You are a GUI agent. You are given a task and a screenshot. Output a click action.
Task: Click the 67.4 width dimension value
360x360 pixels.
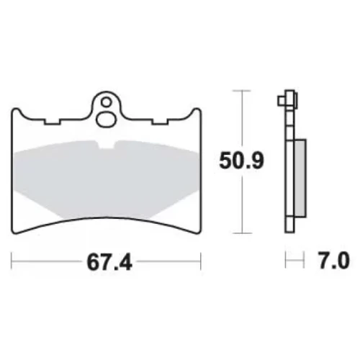109,262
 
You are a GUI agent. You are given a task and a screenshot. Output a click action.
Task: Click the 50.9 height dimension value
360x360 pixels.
241,161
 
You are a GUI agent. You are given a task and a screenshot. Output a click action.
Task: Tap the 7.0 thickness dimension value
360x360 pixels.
333,259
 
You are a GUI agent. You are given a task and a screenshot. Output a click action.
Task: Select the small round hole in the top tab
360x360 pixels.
106,103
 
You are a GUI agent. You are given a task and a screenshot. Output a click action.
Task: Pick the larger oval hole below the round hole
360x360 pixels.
106,119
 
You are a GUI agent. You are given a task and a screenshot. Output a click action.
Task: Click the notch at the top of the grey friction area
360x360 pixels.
107,144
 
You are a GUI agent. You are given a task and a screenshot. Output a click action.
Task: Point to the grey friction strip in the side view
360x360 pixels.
300,179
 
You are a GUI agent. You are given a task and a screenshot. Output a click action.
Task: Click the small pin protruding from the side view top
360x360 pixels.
282,101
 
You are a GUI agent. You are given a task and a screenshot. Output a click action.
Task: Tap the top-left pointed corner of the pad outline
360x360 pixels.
15,109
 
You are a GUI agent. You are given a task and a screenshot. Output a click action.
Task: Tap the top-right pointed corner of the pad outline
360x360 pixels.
198,109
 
